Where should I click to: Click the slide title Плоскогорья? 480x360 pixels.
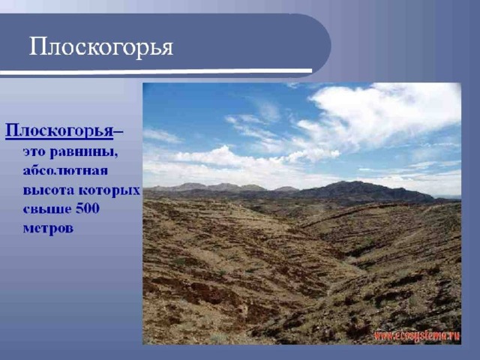[x=101, y=47]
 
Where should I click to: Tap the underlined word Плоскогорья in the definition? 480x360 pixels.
[x=59, y=131]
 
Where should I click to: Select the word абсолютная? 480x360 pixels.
[x=65, y=170]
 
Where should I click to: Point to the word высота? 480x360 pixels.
[x=48, y=190]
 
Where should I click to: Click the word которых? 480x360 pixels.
[x=109, y=190]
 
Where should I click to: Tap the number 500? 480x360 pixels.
[x=88, y=208]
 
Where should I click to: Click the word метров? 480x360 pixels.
[x=48, y=228]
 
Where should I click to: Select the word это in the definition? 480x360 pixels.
[x=34, y=152]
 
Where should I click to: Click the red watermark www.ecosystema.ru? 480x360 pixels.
[x=417, y=336]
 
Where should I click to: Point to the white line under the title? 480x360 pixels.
[x=156, y=71]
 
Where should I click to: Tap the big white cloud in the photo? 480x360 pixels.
[x=382, y=113]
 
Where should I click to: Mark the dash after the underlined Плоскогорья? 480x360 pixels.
[x=118, y=132]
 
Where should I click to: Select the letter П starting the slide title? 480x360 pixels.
[x=37, y=46]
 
